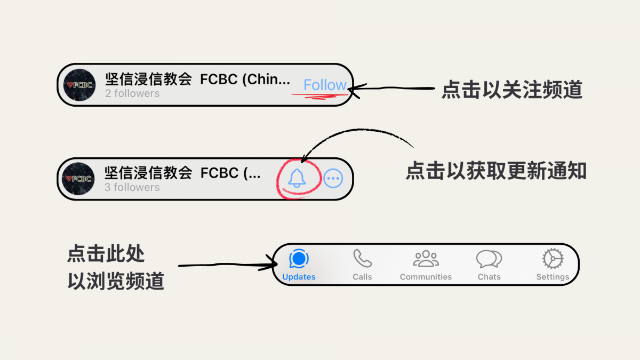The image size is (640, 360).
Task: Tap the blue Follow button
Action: (325, 85)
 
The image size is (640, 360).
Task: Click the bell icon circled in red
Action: (297, 178)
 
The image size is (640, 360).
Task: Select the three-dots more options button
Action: (333, 179)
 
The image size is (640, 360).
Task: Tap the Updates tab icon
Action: (299, 259)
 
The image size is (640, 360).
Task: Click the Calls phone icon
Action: (362, 259)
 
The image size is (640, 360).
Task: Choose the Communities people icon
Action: (426, 259)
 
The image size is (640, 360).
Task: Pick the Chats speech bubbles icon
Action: (489, 259)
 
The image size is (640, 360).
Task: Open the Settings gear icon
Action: (553, 259)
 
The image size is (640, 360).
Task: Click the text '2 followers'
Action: (132, 93)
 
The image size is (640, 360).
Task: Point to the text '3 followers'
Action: (132, 187)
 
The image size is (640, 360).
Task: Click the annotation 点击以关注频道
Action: (511, 90)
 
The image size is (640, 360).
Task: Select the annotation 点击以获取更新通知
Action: (496, 171)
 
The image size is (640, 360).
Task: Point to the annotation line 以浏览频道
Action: (115, 281)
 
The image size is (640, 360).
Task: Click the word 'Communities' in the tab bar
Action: (426, 277)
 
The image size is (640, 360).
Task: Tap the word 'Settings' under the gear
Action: (553, 277)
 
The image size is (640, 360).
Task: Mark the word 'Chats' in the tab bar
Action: (489, 277)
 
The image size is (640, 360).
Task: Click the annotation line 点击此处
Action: (106, 254)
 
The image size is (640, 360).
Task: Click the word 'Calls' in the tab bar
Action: (362, 277)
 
